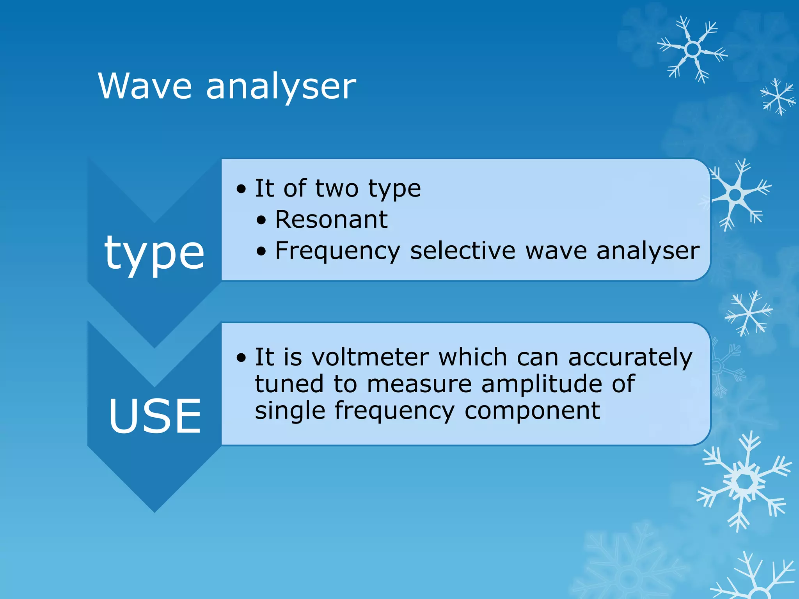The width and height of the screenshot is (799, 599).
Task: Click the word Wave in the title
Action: [x=145, y=86]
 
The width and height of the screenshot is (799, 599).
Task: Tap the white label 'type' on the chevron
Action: [x=154, y=253]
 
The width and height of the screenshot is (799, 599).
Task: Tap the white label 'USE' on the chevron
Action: [x=155, y=416]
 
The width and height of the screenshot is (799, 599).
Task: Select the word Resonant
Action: [x=331, y=220]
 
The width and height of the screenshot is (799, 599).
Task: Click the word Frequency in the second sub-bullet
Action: [x=337, y=251]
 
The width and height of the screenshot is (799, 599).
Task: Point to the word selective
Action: [x=462, y=250]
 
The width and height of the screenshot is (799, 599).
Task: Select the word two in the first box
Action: [x=336, y=189]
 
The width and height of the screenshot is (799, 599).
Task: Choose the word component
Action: [x=532, y=411]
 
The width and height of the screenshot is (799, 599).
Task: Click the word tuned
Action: [x=289, y=384]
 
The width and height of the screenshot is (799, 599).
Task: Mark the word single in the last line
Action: [x=290, y=411]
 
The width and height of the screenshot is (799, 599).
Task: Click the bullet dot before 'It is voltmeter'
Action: [x=241, y=358]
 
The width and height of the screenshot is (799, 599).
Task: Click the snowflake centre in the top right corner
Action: [x=692, y=50]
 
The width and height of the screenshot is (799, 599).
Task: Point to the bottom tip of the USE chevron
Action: [x=154, y=511]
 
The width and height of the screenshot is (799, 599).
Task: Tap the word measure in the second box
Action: [x=419, y=384]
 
